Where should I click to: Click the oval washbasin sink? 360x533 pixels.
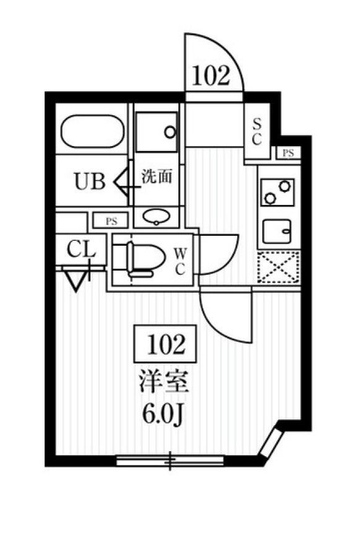pyautogui.click(x=156, y=216)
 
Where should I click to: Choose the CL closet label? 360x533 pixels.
pyautogui.click(x=81, y=251)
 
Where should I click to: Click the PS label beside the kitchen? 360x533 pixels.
pyautogui.click(x=288, y=154)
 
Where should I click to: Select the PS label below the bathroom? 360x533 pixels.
pyautogui.click(x=111, y=220)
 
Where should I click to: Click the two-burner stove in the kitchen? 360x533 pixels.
pyautogui.click(x=276, y=192)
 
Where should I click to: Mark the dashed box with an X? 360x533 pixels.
pyautogui.click(x=278, y=267)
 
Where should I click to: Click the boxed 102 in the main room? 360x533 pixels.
pyautogui.click(x=165, y=344)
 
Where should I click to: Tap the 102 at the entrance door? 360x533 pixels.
pyautogui.click(x=211, y=76)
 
